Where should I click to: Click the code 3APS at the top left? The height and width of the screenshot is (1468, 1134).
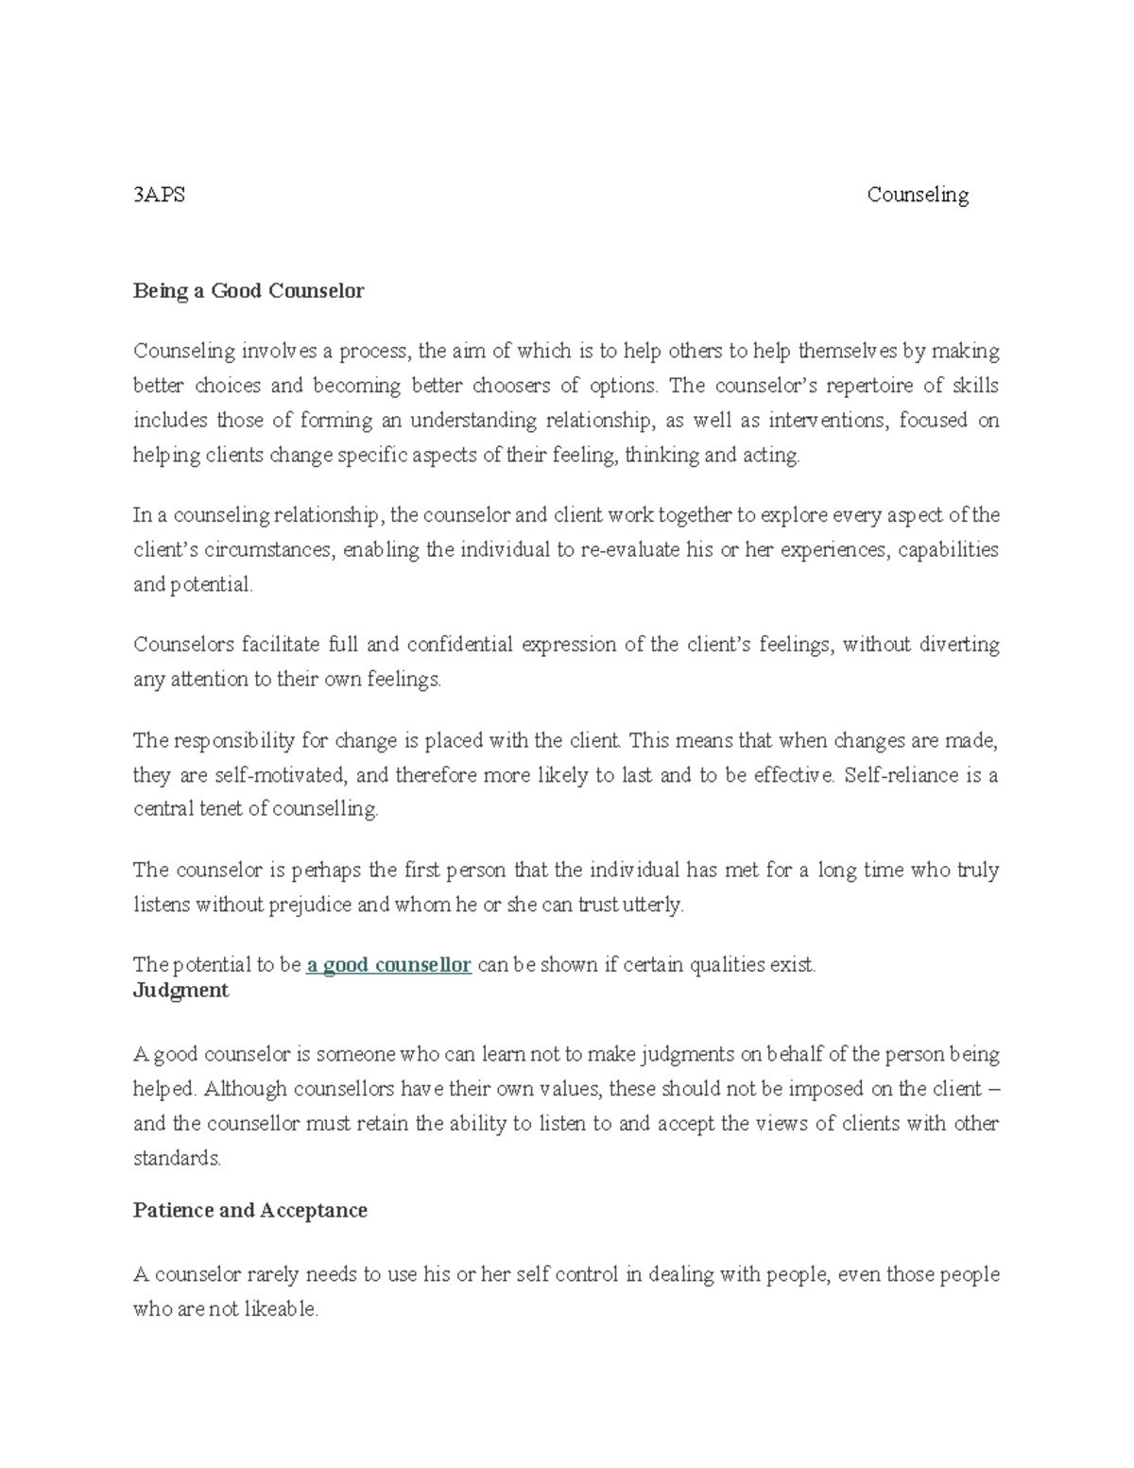pos(159,195)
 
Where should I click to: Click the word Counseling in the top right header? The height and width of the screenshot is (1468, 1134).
pos(918,195)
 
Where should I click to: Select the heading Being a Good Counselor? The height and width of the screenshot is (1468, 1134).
pos(249,291)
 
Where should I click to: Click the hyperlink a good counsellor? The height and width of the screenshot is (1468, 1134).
pos(389,965)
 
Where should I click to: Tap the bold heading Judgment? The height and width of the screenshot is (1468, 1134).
pos(180,991)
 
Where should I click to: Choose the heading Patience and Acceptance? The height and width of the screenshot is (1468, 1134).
pos(250,1211)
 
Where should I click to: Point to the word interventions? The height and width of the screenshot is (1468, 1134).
pos(828,421)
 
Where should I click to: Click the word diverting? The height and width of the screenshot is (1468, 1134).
pos(960,645)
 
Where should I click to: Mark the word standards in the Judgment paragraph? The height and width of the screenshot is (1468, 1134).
pos(176,1159)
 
